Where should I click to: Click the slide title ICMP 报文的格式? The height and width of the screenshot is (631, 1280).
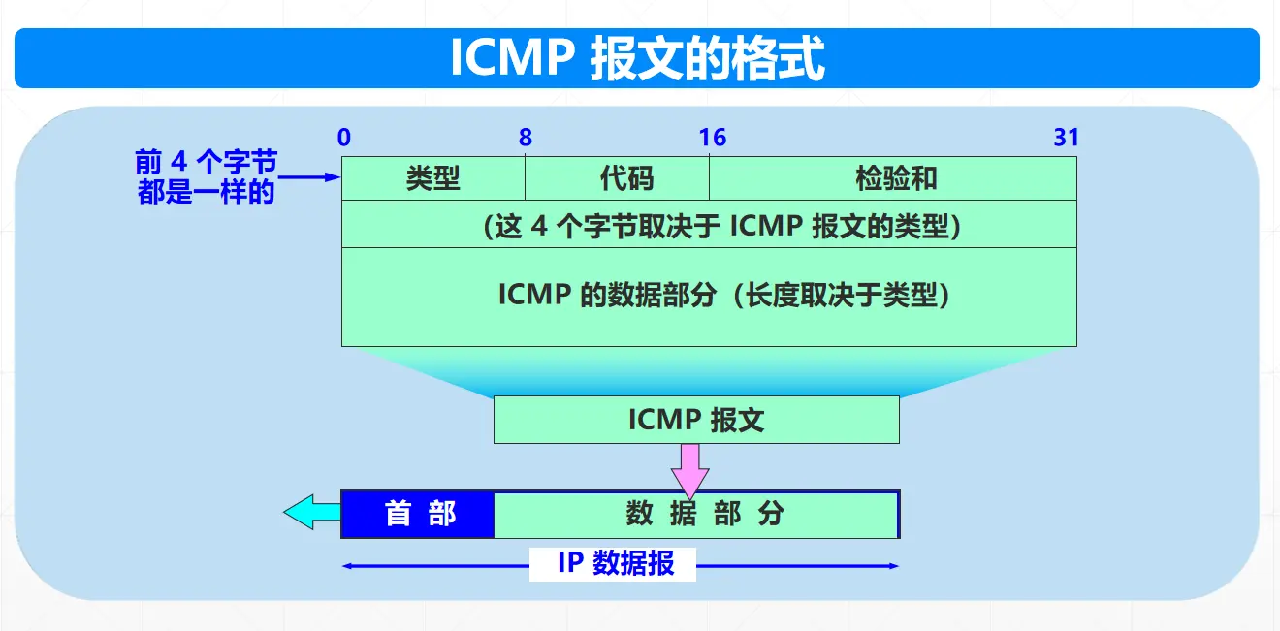(637, 59)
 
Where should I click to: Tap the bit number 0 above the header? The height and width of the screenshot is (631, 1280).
(344, 138)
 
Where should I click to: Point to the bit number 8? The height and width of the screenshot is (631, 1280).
(525, 138)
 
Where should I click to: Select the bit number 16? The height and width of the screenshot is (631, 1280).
(712, 138)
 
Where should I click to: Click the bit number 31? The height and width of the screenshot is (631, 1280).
(1066, 138)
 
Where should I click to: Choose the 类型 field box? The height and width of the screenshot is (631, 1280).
(433, 178)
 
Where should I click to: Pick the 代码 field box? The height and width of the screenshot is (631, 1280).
(618, 178)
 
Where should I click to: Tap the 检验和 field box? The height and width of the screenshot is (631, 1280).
(893, 178)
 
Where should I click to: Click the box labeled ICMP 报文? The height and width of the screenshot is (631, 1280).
(696, 420)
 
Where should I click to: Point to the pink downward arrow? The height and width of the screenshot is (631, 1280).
(689, 469)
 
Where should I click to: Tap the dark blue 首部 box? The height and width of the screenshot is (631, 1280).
(419, 514)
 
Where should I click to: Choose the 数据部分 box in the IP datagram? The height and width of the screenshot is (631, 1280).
(696, 514)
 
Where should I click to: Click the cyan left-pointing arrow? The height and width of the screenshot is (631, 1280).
(311, 512)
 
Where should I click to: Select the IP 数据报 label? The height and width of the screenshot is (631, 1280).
(614, 564)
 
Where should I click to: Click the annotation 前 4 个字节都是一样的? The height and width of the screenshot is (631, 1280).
(207, 177)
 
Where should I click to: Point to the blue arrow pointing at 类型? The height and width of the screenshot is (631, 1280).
(310, 177)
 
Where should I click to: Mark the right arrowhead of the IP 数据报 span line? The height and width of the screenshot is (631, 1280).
(894, 566)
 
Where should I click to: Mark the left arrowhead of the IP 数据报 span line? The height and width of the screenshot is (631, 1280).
(347, 566)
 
